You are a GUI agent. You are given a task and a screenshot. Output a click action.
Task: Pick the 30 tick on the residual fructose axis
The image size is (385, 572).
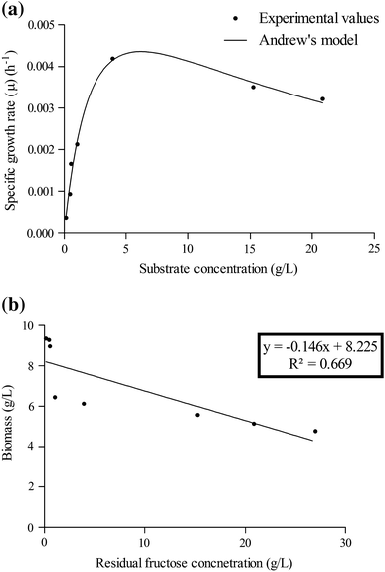pyautogui.click(x=345, y=542)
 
